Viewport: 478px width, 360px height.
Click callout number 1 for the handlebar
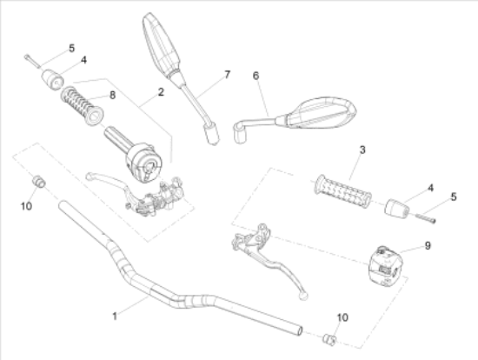(115, 316)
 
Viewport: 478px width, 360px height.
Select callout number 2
(161, 92)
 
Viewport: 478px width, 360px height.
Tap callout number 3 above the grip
(362, 150)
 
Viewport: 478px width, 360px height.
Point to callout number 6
(256, 76)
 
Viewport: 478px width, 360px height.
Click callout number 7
(228, 75)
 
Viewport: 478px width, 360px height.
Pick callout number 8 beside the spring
(112, 95)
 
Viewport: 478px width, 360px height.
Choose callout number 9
(428, 245)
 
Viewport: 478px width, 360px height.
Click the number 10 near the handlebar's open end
(342, 317)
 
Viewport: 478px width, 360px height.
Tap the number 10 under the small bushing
(27, 206)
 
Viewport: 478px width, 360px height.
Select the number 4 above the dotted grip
(430, 188)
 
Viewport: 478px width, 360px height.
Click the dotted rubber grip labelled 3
(342, 191)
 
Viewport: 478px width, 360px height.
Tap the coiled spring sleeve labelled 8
(83, 105)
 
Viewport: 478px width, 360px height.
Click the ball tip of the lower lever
(303, 296)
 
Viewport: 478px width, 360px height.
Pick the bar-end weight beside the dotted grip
(397, 208)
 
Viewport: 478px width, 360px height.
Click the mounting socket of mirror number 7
(212, 133)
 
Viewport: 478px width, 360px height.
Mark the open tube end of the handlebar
(299, 330)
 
